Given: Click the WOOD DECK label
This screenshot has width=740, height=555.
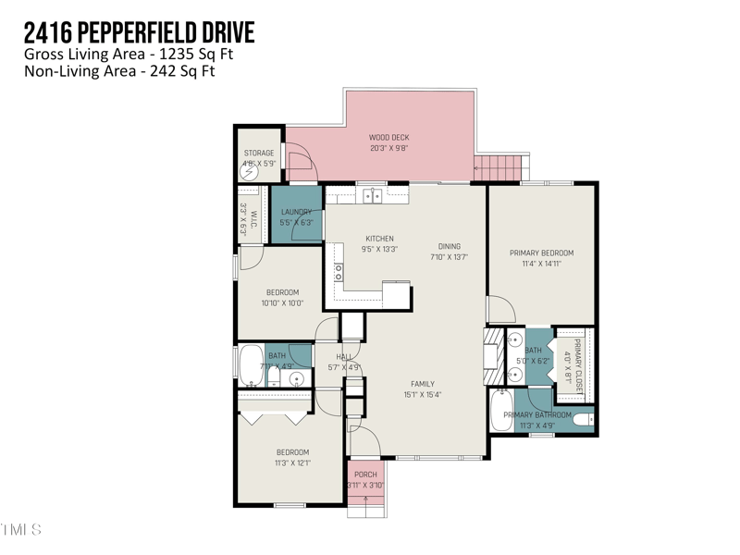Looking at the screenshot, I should point(388,138).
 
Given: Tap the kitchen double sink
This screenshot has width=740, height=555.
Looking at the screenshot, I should point(373,195).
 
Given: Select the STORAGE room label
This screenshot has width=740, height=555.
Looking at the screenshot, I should point(259,153).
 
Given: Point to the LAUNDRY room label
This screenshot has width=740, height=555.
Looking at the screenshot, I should point(296,212).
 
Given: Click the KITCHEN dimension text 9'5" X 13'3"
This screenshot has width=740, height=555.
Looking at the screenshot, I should point(380,249).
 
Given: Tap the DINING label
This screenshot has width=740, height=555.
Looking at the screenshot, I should point(450,246).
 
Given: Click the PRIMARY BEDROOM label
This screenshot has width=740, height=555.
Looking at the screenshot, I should point(541,253).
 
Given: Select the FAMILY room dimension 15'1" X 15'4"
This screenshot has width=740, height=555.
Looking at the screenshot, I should point(423,395).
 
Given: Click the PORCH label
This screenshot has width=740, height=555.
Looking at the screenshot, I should point(365,475).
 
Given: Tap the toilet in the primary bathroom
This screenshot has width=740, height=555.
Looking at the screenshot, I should point(583,421).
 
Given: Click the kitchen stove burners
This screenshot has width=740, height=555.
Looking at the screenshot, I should point(339,272).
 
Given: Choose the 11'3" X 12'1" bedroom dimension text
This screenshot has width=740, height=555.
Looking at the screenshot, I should point(291,462).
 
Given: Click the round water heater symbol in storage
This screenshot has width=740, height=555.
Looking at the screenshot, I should point(248,170).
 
